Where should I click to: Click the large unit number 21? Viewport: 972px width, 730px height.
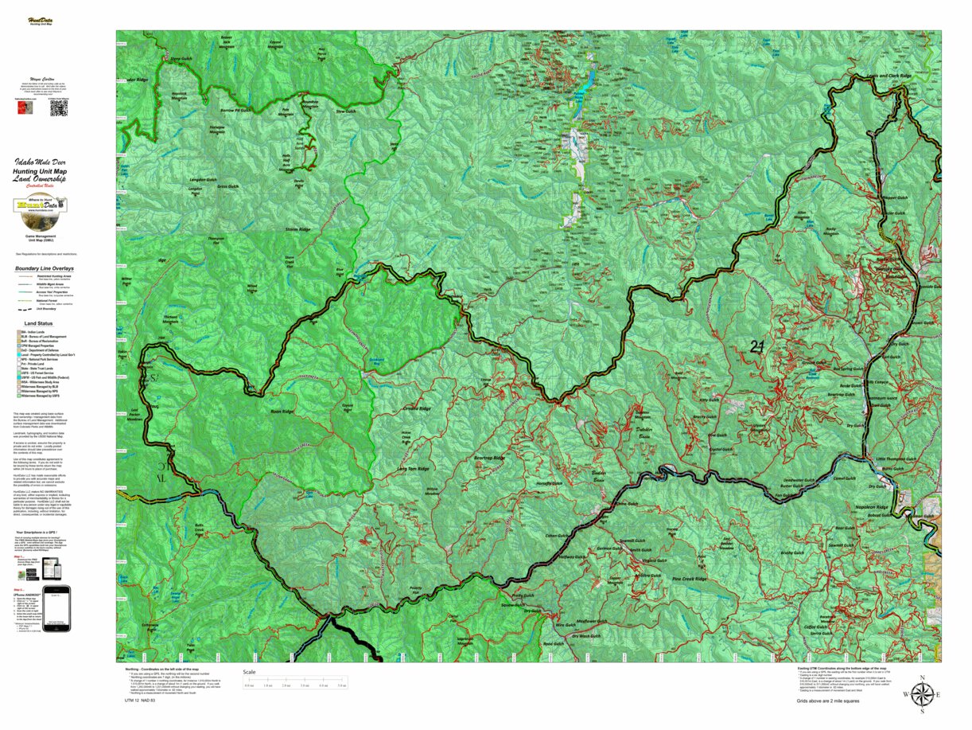(758, 346)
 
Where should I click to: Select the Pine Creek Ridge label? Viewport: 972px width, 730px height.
(689, 579)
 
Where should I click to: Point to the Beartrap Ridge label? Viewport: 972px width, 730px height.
(490, 459)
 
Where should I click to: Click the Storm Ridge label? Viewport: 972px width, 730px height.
(298, 229)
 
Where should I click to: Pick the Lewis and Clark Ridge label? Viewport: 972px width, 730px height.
(889, 77)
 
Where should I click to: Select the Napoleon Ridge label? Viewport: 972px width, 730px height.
(872, 507)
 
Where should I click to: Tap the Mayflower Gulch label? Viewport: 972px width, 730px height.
(591, 621)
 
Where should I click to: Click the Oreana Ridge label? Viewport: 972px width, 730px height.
(416, 408)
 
